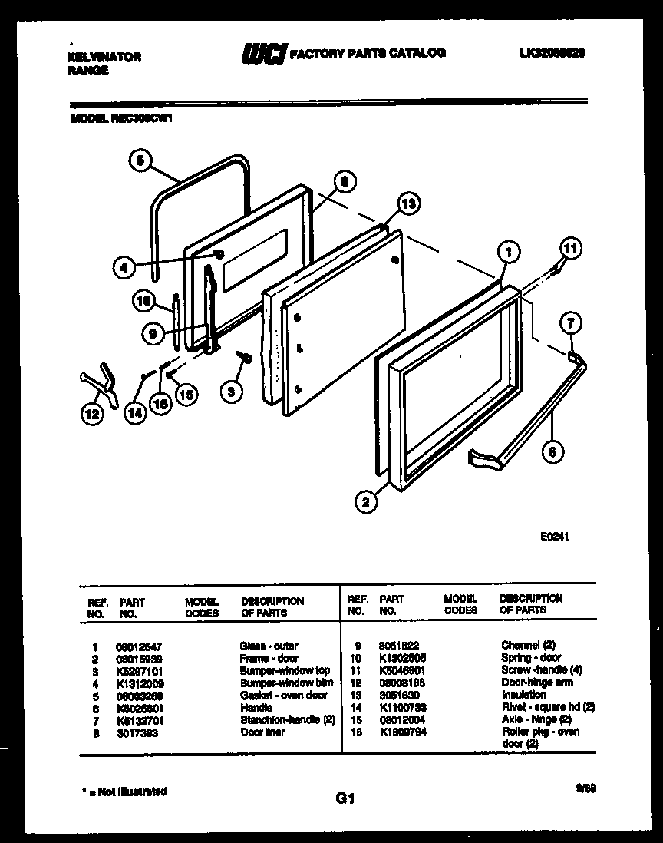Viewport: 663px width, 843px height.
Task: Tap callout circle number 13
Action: click(x=410, y=203)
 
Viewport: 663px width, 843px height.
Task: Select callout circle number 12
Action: click(x=91, y=415)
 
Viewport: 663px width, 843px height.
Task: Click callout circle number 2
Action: click(x=367, y=503)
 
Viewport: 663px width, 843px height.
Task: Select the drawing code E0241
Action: click(x=554, y=538)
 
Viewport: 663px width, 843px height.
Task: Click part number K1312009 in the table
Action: click(x=142, y=683)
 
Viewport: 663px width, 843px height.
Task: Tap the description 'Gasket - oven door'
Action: click(x=283, y=696)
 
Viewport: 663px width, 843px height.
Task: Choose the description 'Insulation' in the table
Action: click(x=523, y=695)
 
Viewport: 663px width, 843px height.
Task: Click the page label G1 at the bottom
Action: click(x=344, y=800)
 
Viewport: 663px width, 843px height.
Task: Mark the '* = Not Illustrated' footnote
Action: click(x=124, y=791)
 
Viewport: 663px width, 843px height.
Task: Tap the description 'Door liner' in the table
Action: click(x=262, y=732)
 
